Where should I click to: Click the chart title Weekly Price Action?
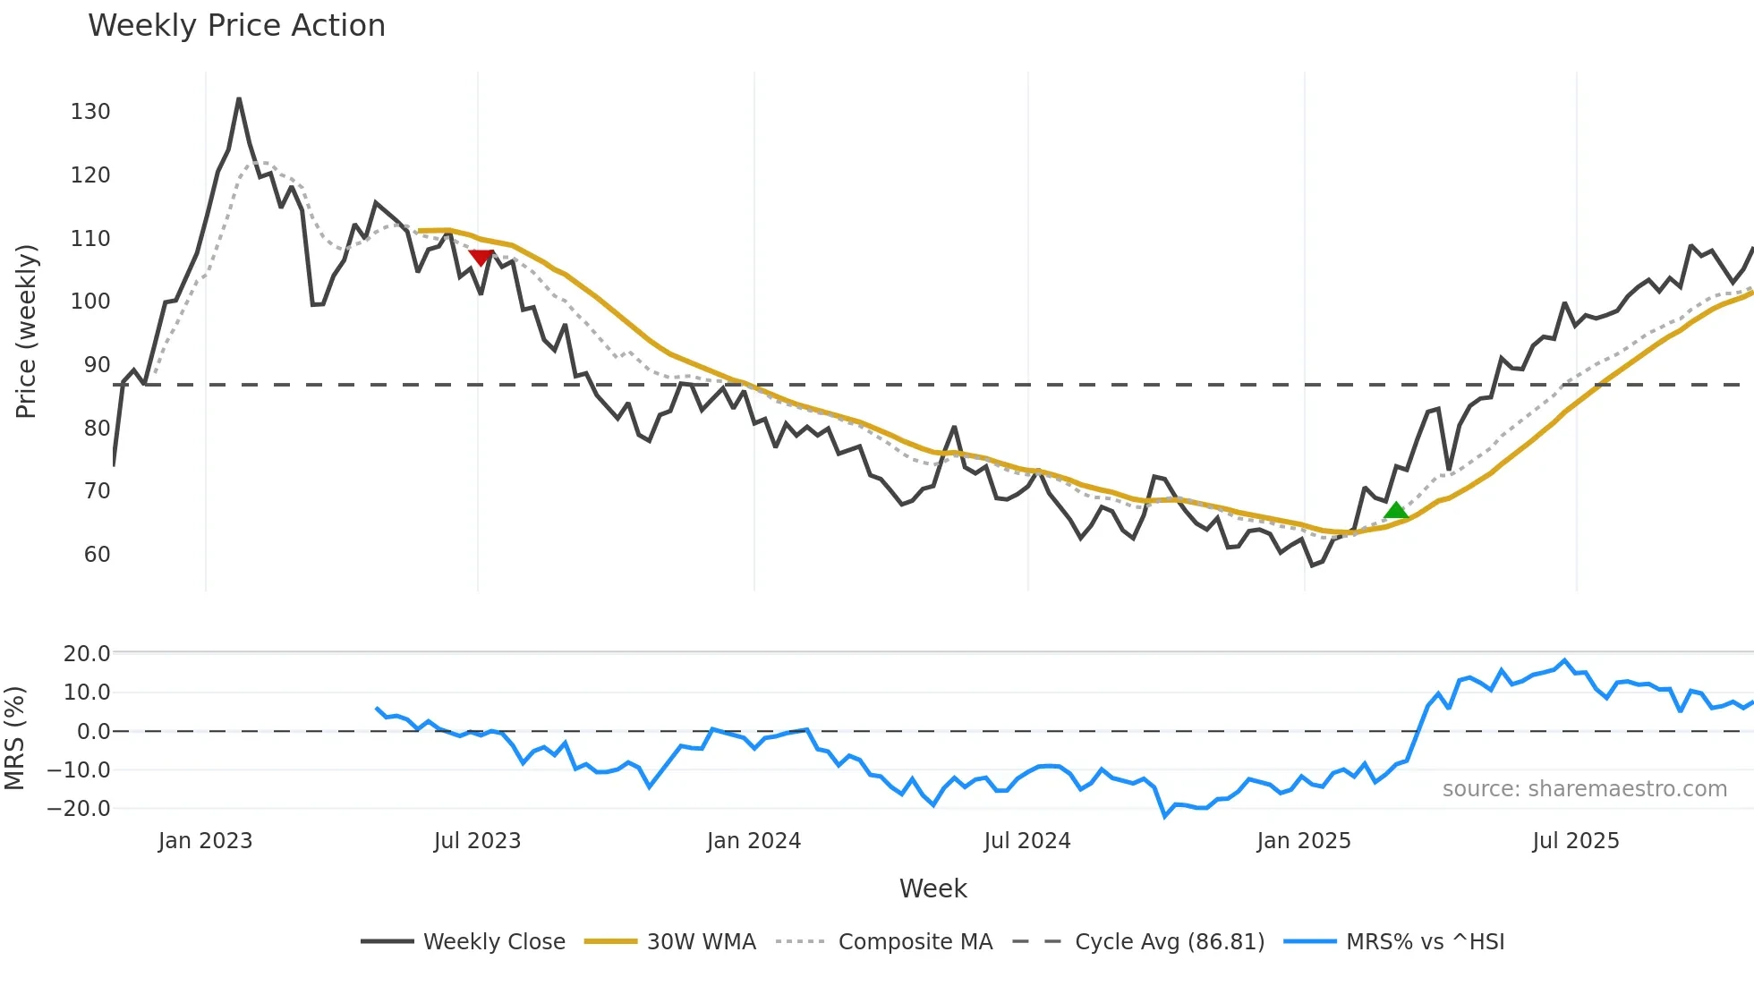click(236, 26)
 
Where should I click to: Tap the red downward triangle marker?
click(481, 258)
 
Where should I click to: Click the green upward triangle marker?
click(1395, 511)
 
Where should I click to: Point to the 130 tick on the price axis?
click(90, 112)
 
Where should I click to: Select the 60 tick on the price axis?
click(97, 555)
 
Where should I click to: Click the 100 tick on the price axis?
click(90, 302)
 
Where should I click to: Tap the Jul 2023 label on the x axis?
click(477, 841)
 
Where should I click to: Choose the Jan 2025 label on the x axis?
click(1303, 841)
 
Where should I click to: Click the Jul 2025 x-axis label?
click(1575, 841)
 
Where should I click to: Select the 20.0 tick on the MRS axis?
click(87, 654)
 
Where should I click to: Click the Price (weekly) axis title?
click(26, 331)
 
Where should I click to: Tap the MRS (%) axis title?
click(14, 738)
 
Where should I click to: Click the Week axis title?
click(932, 888)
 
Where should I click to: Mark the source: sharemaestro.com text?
click(1584, 789)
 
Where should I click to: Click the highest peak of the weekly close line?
click(239, 99)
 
